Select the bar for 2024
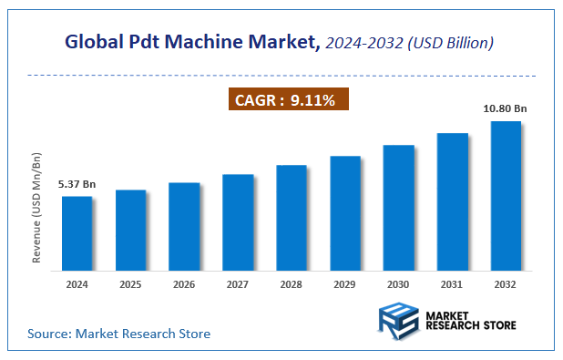(x=77, y=233)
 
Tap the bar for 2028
(x=292, y=218)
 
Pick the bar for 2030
(x=398, y=208)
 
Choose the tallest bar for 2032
(x=506, y=196)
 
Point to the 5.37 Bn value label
(x=77, y=184)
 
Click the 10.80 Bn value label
(x=506, y=108)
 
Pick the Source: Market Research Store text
(x=119, y=334)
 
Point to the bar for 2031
(x=452, y=202)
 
